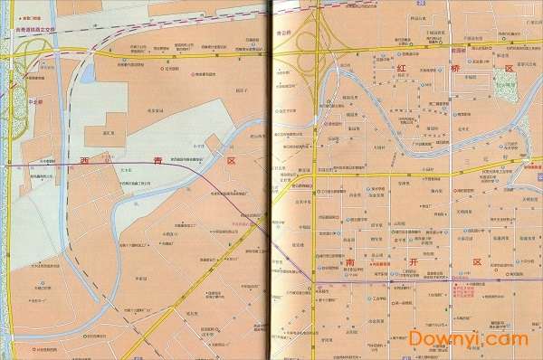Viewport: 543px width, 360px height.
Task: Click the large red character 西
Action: coord(85,161)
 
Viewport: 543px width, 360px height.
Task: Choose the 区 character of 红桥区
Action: coord(508,70)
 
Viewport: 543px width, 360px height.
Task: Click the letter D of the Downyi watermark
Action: coord(419,337)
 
